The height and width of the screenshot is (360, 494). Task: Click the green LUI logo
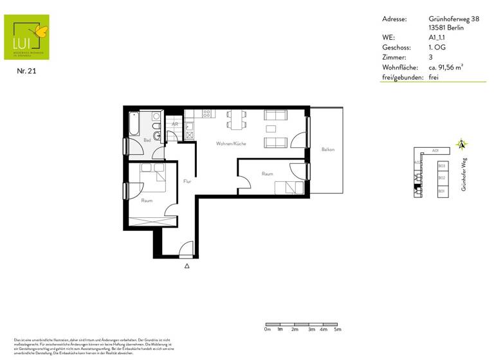pos(26,37)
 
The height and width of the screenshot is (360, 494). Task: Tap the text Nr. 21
pos(26,71)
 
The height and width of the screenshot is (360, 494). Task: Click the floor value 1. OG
pos(437,48)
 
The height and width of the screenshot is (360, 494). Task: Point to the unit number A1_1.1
pos(437,38)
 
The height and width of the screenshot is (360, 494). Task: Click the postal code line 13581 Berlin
pos(445,28)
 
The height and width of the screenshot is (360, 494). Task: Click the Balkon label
pos(328,150)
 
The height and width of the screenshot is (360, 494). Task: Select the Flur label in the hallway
pos(187,181)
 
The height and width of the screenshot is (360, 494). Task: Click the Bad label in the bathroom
pos(147,140)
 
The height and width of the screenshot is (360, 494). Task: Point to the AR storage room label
pos(174,123)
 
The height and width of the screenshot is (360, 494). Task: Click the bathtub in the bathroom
pos(134,123)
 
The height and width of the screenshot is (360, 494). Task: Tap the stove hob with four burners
pos(207,114)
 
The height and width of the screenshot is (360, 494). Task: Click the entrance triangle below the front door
pos(187,265)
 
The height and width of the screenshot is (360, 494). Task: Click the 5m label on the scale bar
pos(338,329)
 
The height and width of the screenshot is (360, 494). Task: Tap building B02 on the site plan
pos(441,178)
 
